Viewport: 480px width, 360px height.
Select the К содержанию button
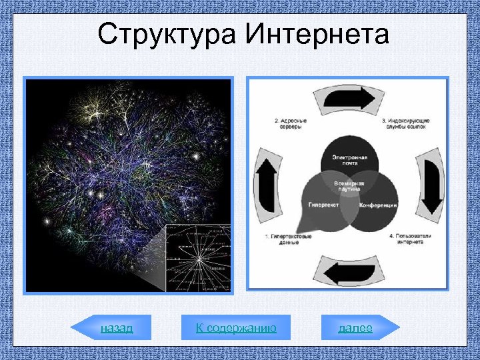[x=236, y=328]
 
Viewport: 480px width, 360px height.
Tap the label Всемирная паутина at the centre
[x=349, y=185]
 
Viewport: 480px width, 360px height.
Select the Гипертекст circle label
[x=324, y=205]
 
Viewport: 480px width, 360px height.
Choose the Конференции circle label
[x=378, y=205]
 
